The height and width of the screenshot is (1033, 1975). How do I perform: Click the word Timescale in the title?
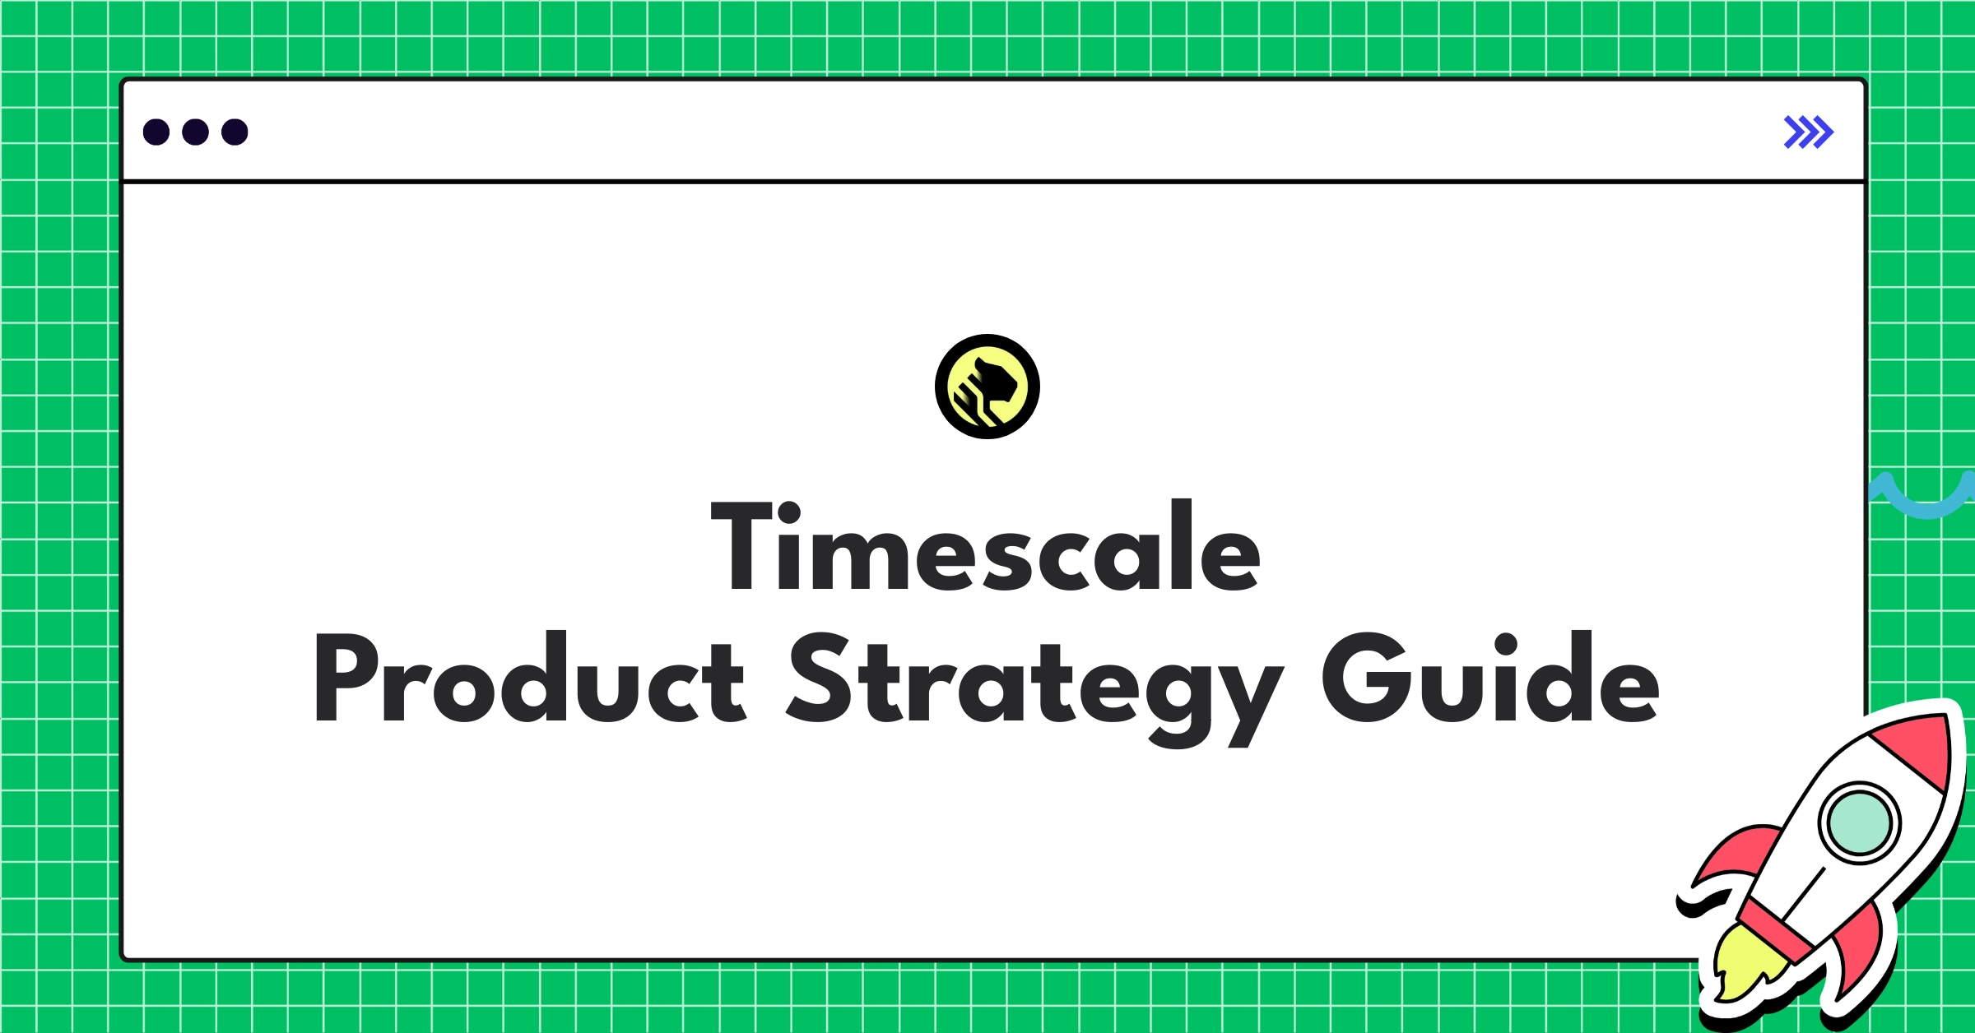click(x=986, y=547)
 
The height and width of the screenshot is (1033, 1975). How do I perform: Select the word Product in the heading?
click(x=528, y=679)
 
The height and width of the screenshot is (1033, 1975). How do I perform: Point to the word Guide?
click(x=1489, y=679)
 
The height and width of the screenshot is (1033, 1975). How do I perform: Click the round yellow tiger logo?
click(x=987, y=387)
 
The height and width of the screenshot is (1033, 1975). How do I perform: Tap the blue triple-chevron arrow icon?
click(x=1808, y=132)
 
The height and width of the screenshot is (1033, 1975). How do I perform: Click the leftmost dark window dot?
click(x=156, y=132)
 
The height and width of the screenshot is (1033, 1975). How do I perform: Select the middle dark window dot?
click(x=195, y=132)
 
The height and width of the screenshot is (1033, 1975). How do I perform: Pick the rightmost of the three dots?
click(x=235, y=132)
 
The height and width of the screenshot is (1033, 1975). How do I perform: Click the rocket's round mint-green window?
click(x=1859, y=822)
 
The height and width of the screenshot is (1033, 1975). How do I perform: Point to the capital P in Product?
click(x=346, y=678)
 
